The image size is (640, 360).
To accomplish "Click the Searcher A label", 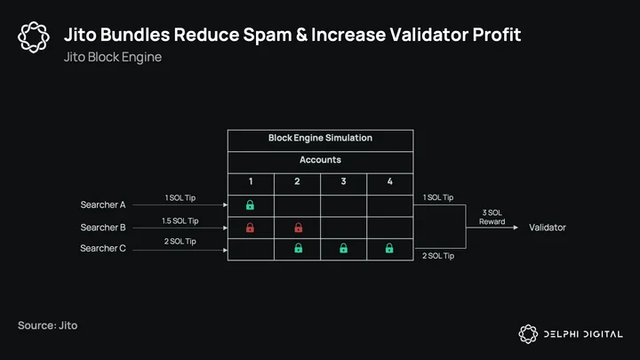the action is click(103, 204).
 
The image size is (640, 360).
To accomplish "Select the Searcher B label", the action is click(103, 228).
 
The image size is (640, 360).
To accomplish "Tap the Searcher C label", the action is click(103, 248).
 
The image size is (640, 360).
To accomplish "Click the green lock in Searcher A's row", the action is click(250, 205).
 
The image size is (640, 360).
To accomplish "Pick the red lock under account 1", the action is click(250, 228).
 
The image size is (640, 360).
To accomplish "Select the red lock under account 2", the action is click(299, 228).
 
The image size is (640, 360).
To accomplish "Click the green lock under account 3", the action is click(344, 248).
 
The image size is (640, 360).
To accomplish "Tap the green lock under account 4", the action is click(389, 248).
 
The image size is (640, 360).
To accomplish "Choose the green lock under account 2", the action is click(299, 248).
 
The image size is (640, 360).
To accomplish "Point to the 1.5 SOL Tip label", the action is click(180, 220).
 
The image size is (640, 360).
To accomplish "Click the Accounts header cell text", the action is click(320, 160).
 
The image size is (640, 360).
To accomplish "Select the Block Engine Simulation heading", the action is click(320, 138).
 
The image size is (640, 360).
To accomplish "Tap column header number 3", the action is click(343, 181).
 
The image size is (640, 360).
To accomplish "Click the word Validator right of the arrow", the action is click(548, 228).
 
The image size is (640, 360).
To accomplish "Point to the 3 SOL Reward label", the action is click(492, 217).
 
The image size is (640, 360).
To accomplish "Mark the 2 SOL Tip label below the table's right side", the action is click(438, 256).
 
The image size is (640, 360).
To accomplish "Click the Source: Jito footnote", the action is click(48, 325).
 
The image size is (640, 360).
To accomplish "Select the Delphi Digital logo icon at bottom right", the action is click(528, 334).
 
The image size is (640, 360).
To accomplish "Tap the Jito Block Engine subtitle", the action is click(113, 57).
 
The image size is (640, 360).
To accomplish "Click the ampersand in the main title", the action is click(301, 35).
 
